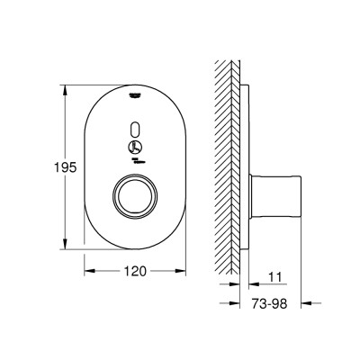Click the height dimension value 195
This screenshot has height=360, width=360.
point(66,167)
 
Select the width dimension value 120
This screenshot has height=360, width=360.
point(135,271)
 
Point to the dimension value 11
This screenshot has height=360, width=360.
point(274,278)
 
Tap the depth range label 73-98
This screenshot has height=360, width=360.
point(269,304)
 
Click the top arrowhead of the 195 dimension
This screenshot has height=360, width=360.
point(65,90)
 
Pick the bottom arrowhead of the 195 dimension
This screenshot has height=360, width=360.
point(65,244)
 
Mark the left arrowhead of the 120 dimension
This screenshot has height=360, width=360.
point(90,271)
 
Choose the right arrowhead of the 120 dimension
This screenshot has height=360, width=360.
point(181,271)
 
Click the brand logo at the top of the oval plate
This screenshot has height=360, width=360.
point(135,95)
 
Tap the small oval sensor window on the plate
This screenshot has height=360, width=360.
point(135,130)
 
